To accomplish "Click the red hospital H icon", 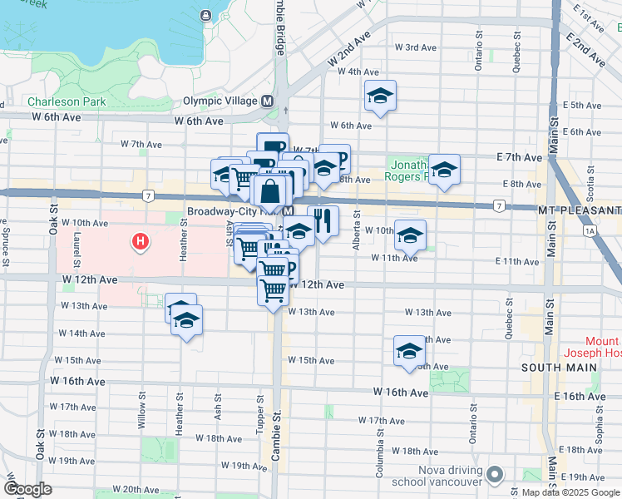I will [141, 242].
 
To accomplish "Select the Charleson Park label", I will [66, 102].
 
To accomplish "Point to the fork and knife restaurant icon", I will [323, 220].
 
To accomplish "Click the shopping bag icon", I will [271, 191].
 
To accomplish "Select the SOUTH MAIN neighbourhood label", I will [549, 368].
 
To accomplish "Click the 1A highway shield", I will [590, 230].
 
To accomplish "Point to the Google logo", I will [27, 490].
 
